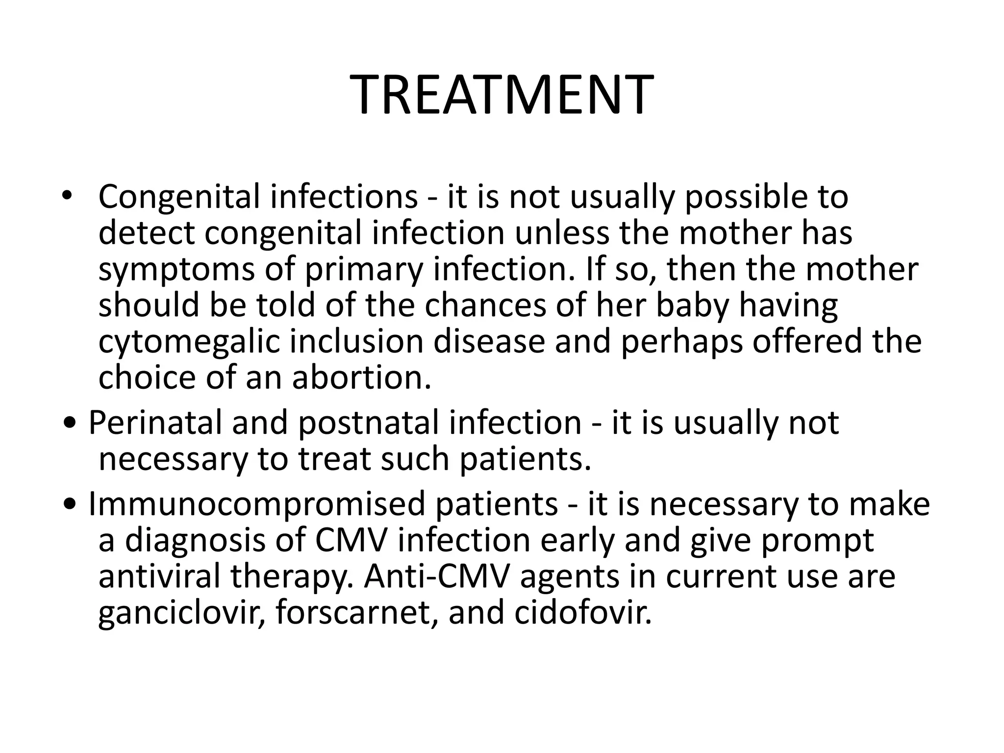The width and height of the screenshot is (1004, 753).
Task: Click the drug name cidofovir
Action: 583,613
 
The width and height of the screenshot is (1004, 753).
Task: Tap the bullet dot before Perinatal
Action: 71,423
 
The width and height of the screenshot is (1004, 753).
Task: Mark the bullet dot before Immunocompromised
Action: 71,504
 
